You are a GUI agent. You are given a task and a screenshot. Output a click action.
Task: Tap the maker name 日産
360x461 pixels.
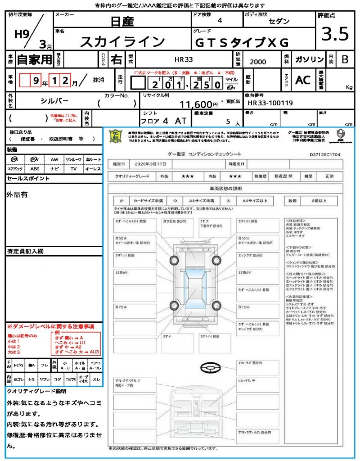click(122, 21)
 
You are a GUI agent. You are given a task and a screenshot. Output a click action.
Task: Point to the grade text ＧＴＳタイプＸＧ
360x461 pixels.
click(241, 42)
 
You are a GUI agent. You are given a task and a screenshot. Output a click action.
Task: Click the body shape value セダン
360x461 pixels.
click(279, 21)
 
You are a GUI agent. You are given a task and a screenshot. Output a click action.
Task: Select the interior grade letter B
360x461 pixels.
click(345, 59)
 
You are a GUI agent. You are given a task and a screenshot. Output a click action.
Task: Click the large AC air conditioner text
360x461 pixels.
click(303, 80)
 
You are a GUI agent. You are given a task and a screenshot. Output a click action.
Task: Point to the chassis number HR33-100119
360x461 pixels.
click(270, 103)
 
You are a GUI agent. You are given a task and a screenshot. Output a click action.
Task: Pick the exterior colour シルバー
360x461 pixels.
click(55, 101)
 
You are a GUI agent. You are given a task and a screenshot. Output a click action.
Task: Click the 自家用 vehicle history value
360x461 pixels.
click(34, 59)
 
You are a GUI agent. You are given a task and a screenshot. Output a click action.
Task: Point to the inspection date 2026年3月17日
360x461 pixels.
click(150, 163)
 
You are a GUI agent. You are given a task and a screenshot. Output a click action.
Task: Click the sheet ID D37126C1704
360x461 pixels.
click(325, 154)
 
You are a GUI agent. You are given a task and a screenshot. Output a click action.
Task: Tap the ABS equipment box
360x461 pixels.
click(34, 169)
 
